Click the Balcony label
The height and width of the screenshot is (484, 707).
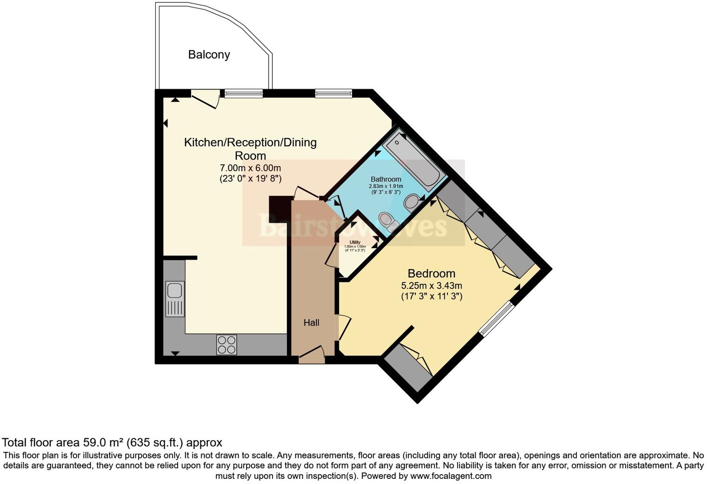(209, 54)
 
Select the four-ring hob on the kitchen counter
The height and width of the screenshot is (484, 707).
(227, 345)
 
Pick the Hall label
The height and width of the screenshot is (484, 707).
(311, 323)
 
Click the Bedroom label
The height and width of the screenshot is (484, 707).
(431, 273)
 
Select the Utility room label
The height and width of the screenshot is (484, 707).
(355, 242)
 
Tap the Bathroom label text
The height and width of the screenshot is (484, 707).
(386, 179)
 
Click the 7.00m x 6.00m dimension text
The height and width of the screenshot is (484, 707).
(250, 168)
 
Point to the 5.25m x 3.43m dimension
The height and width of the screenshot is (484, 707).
(431, 286)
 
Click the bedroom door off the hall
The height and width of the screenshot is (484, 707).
(343, 329)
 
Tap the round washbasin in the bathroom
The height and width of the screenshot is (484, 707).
(411, 202)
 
